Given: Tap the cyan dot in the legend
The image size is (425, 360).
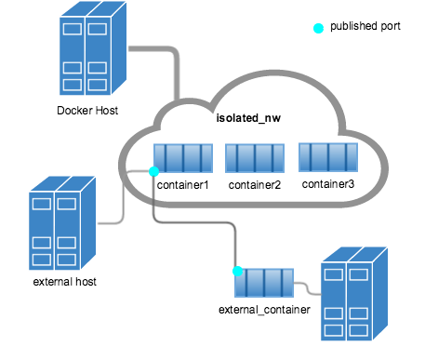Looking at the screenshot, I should (319, 27).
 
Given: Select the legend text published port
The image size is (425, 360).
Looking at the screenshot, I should (365, 26).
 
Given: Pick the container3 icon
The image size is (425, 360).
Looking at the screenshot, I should (326, 156).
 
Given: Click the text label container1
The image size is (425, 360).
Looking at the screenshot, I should (182, 185).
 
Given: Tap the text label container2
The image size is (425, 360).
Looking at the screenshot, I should (254, 185).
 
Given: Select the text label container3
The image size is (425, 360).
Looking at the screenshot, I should (327, 184).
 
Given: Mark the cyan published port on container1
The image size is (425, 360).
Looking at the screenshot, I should (153, 171).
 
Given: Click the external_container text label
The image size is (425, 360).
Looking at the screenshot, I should (264, 308).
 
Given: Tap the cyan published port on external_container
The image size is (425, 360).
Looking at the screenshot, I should (238, 271).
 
